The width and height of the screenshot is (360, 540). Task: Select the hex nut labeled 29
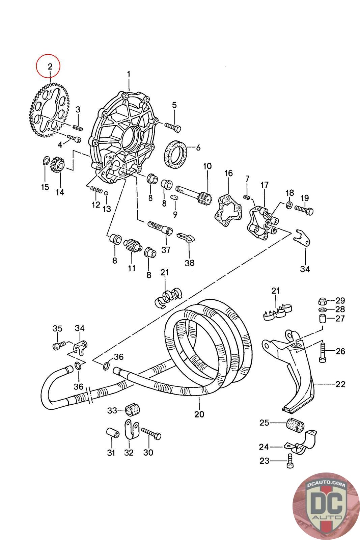[322, 300]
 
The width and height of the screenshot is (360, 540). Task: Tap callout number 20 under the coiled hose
[199, 414]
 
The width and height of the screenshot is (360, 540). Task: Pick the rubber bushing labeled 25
[295, 424]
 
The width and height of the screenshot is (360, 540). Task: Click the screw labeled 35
[58, 346]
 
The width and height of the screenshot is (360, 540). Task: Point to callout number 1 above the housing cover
[129, 74]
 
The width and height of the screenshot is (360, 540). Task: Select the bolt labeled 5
[173, 128]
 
